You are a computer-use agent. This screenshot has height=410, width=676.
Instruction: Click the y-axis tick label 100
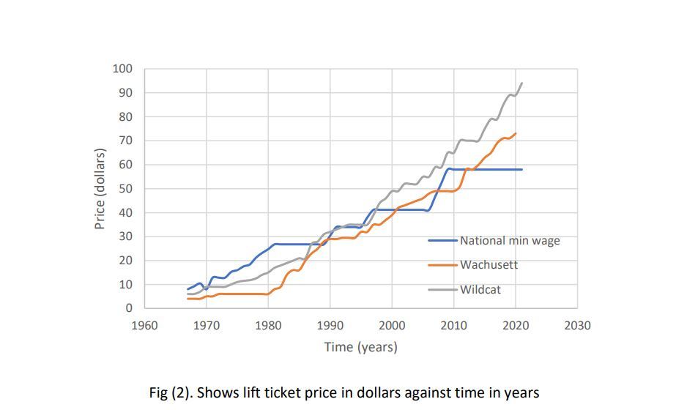[122, 69]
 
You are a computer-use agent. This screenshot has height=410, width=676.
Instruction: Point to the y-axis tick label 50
[125, 189]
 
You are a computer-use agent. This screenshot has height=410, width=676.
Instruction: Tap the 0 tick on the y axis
[128, 308]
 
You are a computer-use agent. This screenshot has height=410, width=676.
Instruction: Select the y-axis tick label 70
[125, 141]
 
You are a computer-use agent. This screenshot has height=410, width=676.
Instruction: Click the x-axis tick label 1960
[144, 325]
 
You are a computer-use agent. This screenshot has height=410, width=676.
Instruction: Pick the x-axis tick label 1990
[330, 325]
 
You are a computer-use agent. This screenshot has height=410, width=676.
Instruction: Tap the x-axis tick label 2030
[577, 325]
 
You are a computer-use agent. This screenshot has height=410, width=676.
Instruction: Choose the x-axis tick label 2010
[453, 325]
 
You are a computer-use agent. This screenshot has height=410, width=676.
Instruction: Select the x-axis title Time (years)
[361, 347]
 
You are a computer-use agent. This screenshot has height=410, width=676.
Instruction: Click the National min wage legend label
[510, 240]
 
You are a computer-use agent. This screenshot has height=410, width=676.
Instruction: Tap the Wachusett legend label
[489, 264]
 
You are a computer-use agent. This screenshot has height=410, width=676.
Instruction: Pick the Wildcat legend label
[480, 289]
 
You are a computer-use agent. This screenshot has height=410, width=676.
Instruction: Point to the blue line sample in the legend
[443, 240]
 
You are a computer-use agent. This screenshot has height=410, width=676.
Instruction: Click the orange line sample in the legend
[443, 264]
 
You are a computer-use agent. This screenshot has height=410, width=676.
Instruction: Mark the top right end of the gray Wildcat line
[521, 83]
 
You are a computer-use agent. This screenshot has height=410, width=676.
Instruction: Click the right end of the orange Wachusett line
[516, 133]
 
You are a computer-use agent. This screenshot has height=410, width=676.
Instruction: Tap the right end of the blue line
[522, 169]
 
